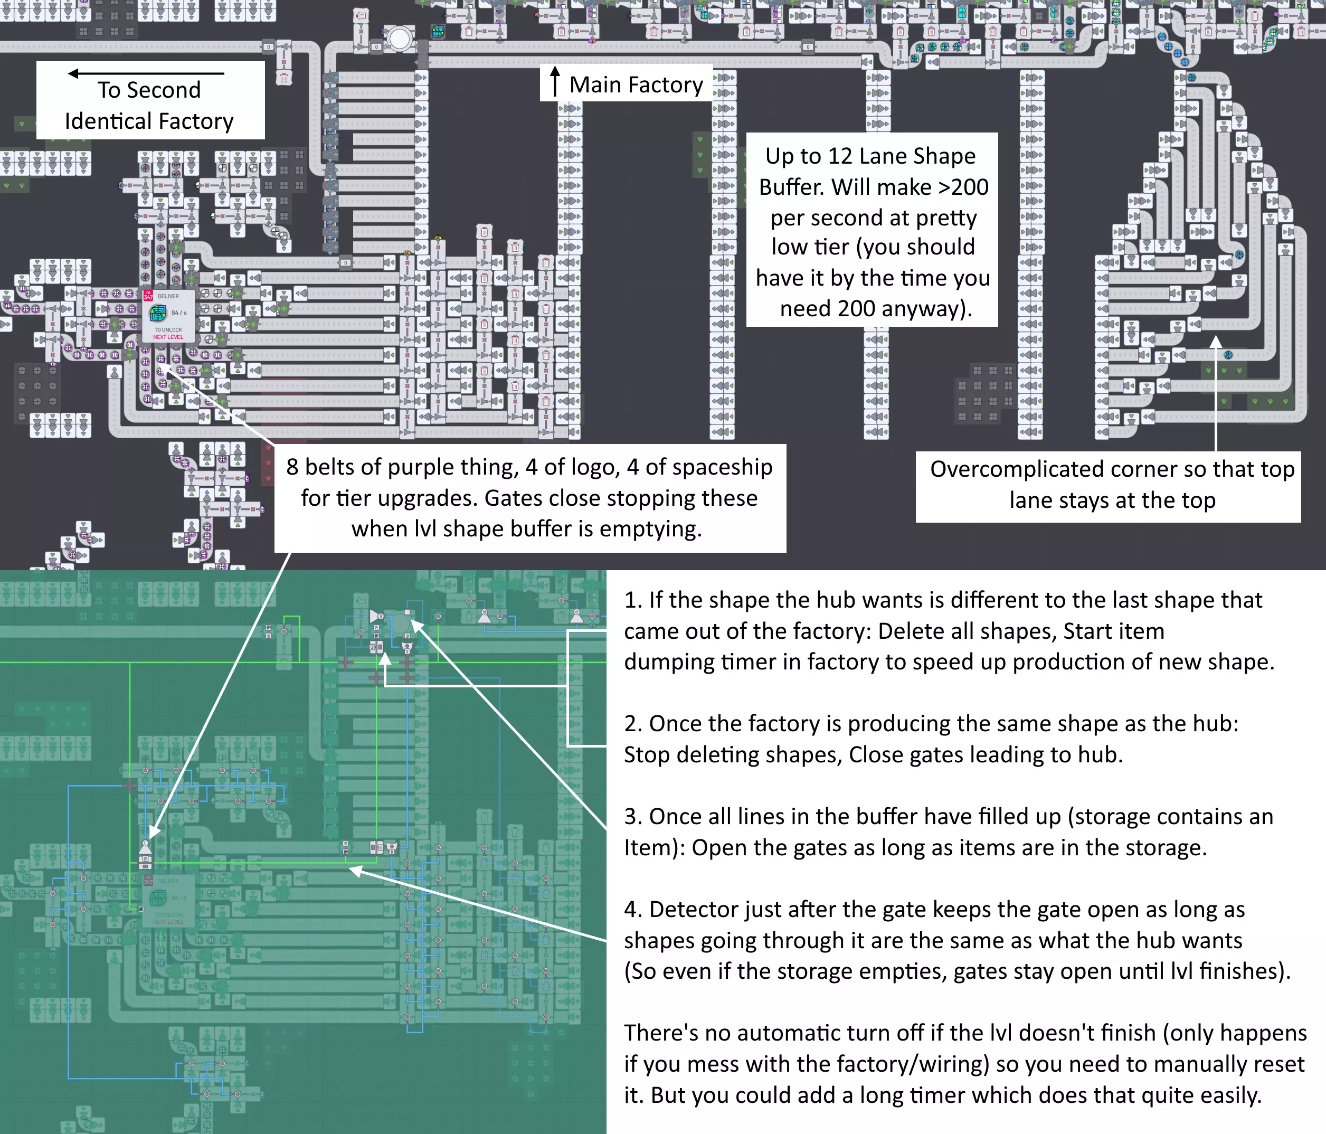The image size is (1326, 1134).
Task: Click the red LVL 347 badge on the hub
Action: click(x=148, y=296)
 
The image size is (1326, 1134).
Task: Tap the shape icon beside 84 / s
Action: click(x=158, y=313)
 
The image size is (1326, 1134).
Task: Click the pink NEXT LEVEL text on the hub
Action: click(x=168, y=337)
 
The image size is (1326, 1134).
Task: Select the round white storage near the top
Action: click(x=400, y=39)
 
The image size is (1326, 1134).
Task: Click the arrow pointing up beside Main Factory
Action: click(x=555, y=81)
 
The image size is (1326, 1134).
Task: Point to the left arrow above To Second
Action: click(x=146, y=73)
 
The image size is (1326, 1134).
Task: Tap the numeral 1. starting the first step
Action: click(x=633, y=600)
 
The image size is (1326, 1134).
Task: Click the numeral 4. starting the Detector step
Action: click(x=633, y=910)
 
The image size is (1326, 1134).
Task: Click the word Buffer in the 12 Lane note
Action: click(x=792, y=187)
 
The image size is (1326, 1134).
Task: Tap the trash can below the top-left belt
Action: click(x=283, y=78)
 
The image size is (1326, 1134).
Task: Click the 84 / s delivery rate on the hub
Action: click(x=179, y=313)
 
